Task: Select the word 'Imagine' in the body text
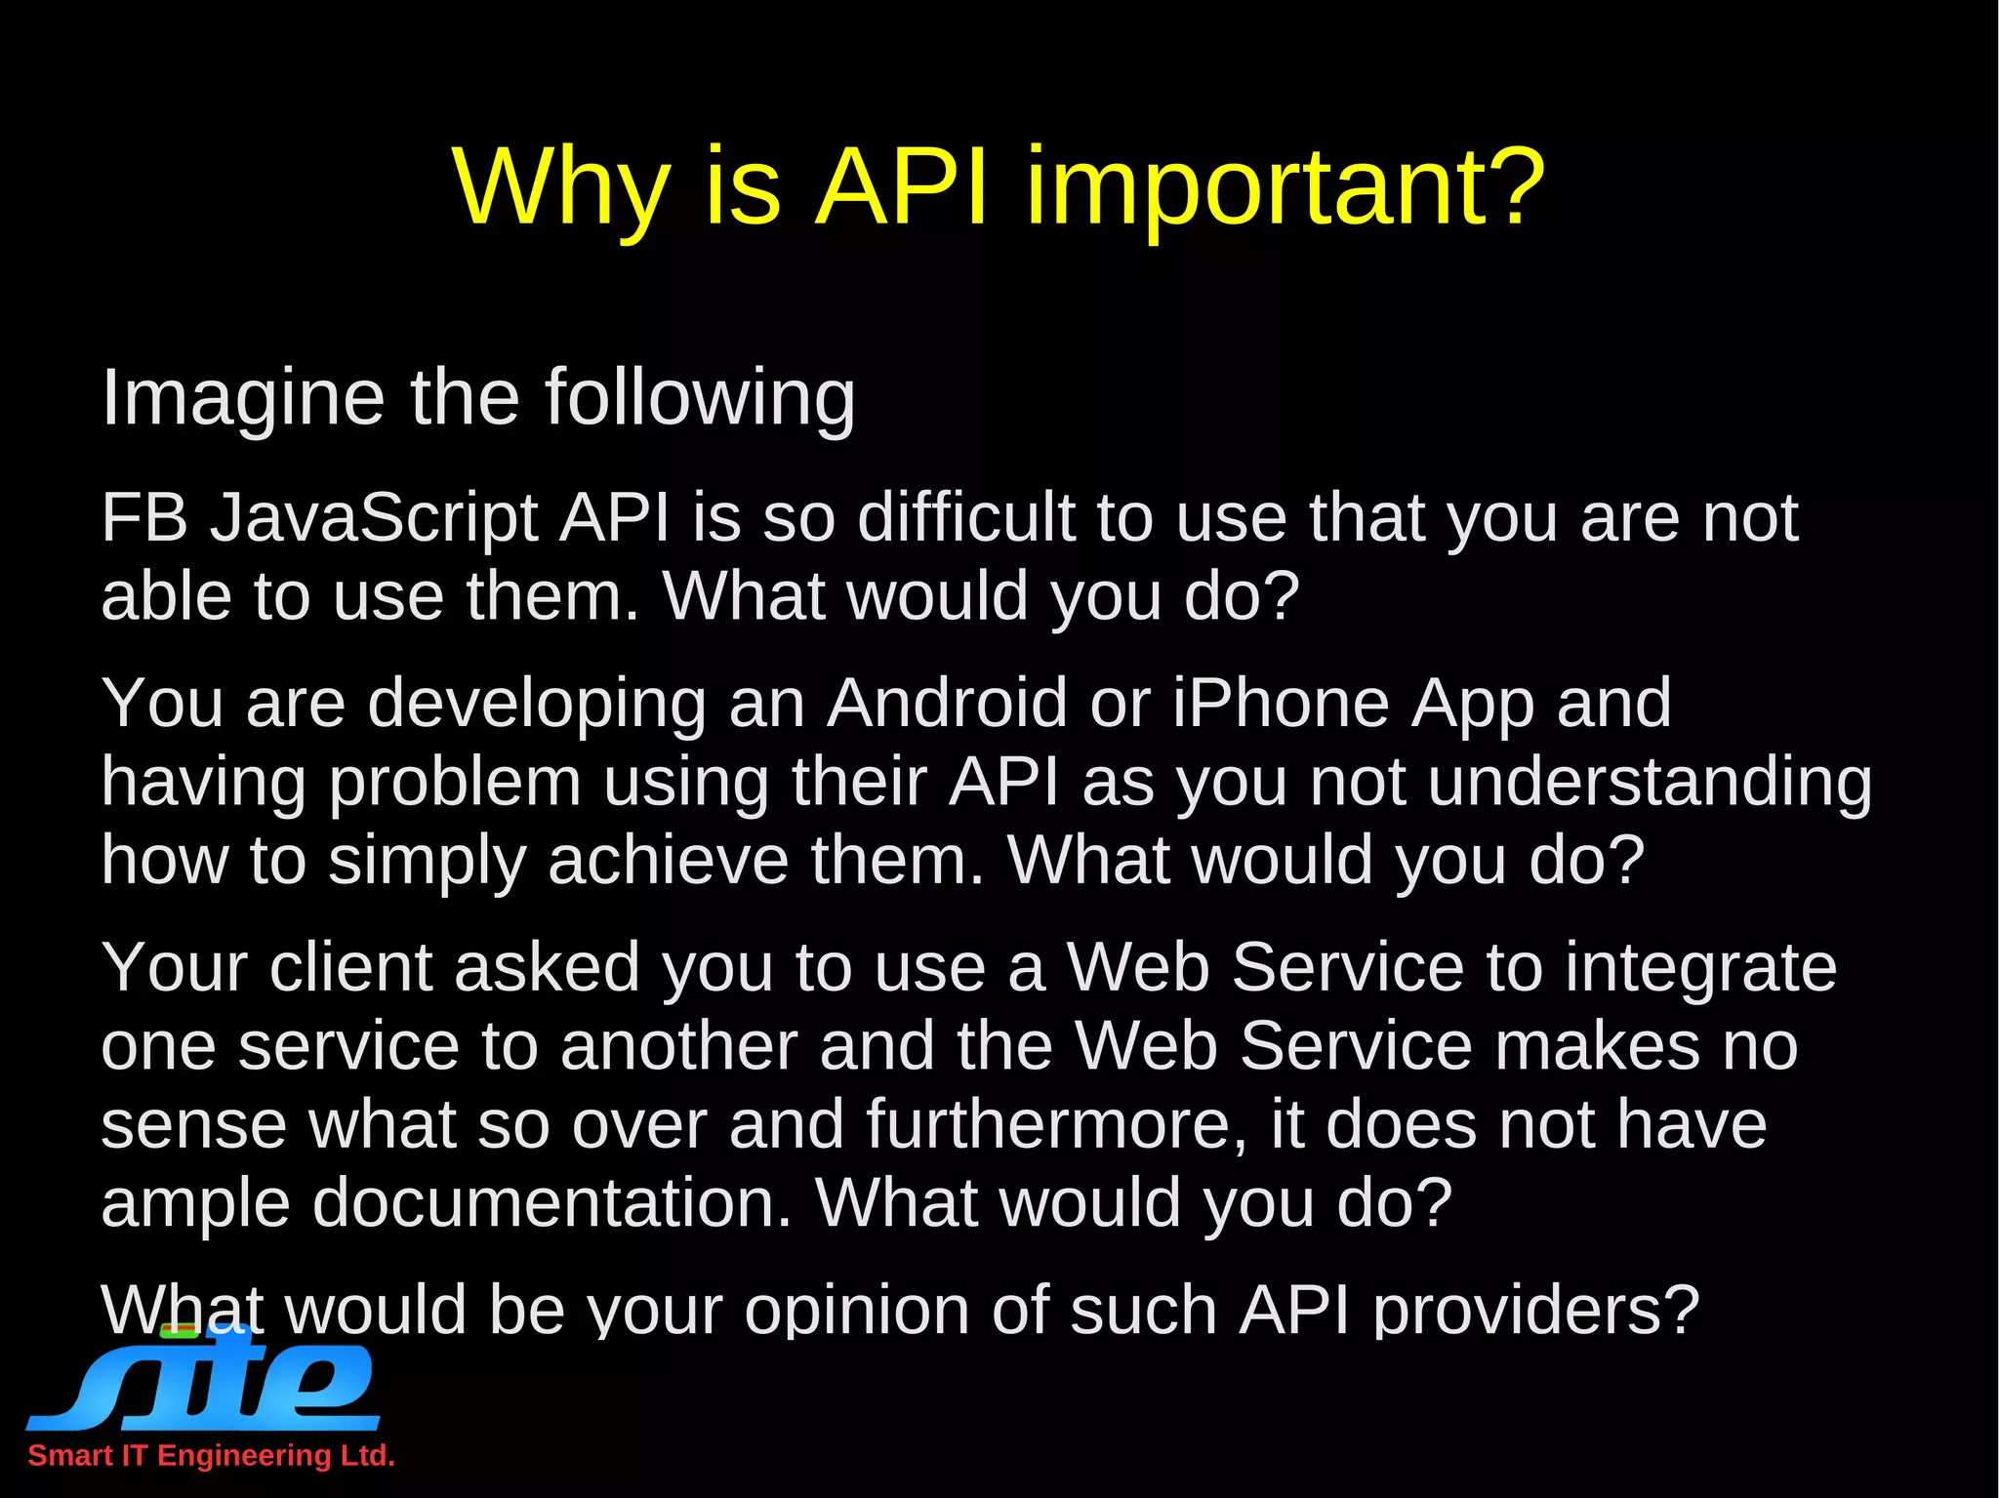(x=243, y=398)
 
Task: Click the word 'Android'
(x=947, y=703)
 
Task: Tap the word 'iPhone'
(x=1280, y=703)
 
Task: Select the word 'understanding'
(x=1650, y=783)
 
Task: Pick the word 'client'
(x=350, y=967)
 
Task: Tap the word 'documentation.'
(x=551, y=1202)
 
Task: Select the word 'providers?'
(x=1536, y=1310)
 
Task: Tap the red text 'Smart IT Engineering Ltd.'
(x=211, y=1456)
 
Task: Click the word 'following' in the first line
(x=699, y=398)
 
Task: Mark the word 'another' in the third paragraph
(x=678, y=1046)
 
